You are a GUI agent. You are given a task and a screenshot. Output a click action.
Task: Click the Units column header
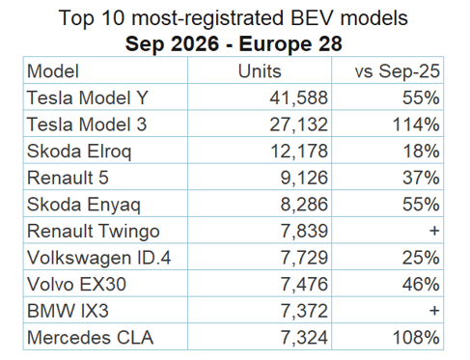pos(260,71)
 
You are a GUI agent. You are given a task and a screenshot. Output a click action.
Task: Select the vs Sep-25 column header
pos(397,71)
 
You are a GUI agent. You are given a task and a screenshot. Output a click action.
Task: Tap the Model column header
pos(53,71)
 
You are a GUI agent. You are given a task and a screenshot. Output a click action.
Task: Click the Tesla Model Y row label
pos(88,97)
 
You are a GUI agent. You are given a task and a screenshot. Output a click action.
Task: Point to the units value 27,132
pos(298,125)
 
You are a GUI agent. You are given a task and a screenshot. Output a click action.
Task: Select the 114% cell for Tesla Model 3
pos(416,125)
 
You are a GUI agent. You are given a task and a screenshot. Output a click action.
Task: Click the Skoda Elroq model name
pos(79,152)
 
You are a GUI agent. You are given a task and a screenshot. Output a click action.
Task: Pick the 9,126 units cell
pos(304,178)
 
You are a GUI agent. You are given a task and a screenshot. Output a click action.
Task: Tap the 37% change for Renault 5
pos(421,178)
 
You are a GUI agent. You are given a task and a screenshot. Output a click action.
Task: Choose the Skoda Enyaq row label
pos(84,206)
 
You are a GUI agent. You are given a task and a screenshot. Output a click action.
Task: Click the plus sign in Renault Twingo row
pos(434,231)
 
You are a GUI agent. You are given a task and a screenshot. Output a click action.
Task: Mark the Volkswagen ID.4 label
pos(98,258)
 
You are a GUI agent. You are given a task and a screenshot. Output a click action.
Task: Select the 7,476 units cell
pos(304,285)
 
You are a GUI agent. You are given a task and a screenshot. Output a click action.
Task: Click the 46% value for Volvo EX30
pos(421,285)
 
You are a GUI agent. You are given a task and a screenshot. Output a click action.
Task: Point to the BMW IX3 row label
pos(68,311)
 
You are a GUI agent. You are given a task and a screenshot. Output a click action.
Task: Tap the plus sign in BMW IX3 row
pos(434,311)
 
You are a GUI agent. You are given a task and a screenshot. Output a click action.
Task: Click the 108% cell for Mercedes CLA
pos(416,338)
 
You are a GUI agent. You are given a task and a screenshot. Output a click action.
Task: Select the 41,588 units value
pos(298,97)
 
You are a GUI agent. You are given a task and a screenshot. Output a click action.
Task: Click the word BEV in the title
pos(313,17)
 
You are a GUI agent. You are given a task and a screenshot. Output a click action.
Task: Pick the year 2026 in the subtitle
pos(195,43)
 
